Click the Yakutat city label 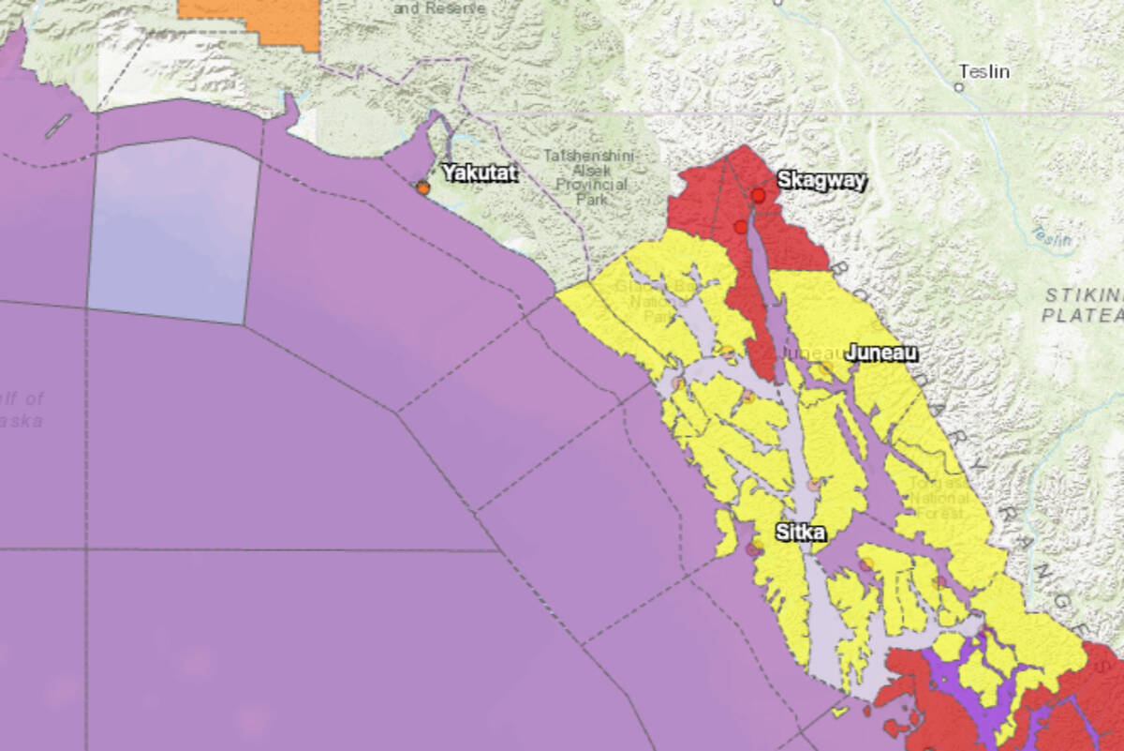[x=480, y=173]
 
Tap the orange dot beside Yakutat [x=423, y=188]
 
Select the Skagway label [x=821, y=181]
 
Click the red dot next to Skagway [x=758, y=195]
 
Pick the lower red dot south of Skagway [x=741, y=227]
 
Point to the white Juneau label [x=880, y=353]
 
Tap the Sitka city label [x=800, y=533]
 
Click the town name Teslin [x=983, y=71]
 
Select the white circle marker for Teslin [x=958, y=87]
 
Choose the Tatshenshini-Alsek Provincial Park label [x=584, y=177]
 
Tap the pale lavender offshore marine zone [x=173, y=230]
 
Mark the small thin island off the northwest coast [x=57, y=126]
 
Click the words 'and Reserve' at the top [x=439, y=8]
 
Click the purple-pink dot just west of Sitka [x=752, y=549]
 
